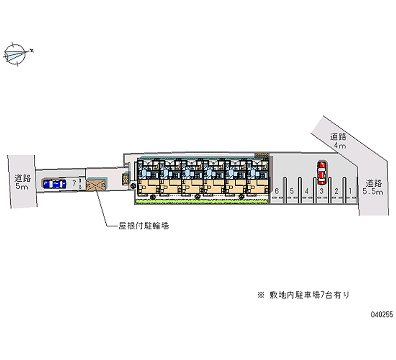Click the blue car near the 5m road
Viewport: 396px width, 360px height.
pyautogui.click(x=54, y=184)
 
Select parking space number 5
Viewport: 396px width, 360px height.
pyautogui.click(x=292, y=191)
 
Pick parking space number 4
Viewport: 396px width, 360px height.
pyautogui.click(x=307, y=191)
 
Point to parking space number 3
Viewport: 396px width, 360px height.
pyautogui.click(x=321, y=191)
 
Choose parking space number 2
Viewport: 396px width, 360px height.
pyautogui.click(x=336, y=191)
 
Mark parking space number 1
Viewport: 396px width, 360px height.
pyautogui.click(x=350, y=191)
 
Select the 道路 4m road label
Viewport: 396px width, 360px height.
pyautogui.click(x=339, y=141)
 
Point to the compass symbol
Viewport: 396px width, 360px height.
pyautogui.click(x=16, y=53)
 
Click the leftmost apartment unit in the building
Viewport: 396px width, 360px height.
pyautogui.click(x=148, y=178)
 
